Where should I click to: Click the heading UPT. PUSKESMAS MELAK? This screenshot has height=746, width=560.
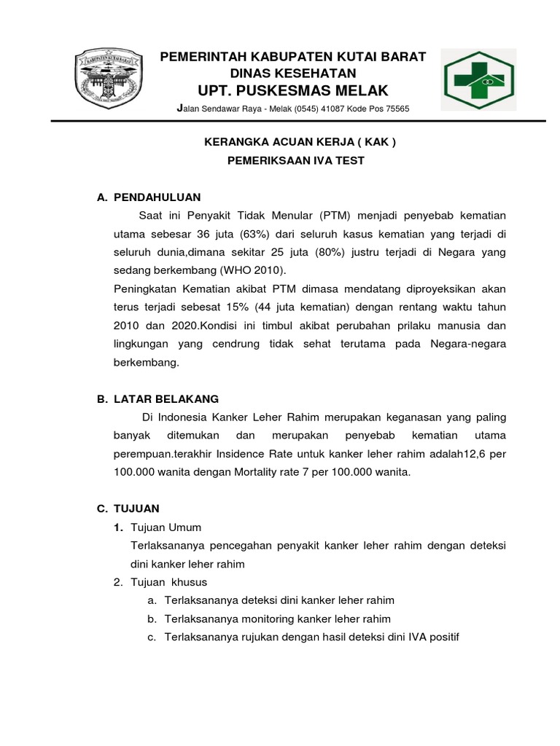click(x=293, y=90)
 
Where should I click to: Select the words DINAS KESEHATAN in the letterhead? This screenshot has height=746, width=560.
click(x=293, y=73)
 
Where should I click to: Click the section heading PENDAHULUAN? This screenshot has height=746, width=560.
click(x=157, y=197)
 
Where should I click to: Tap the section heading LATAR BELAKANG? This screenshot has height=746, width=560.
click(x=166, y=398)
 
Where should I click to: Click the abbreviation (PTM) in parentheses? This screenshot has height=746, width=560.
click(x=335, y=216)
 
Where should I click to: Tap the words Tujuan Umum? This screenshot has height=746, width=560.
click(x=166, y=527)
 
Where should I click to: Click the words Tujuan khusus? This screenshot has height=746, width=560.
click(x=168, y=581)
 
